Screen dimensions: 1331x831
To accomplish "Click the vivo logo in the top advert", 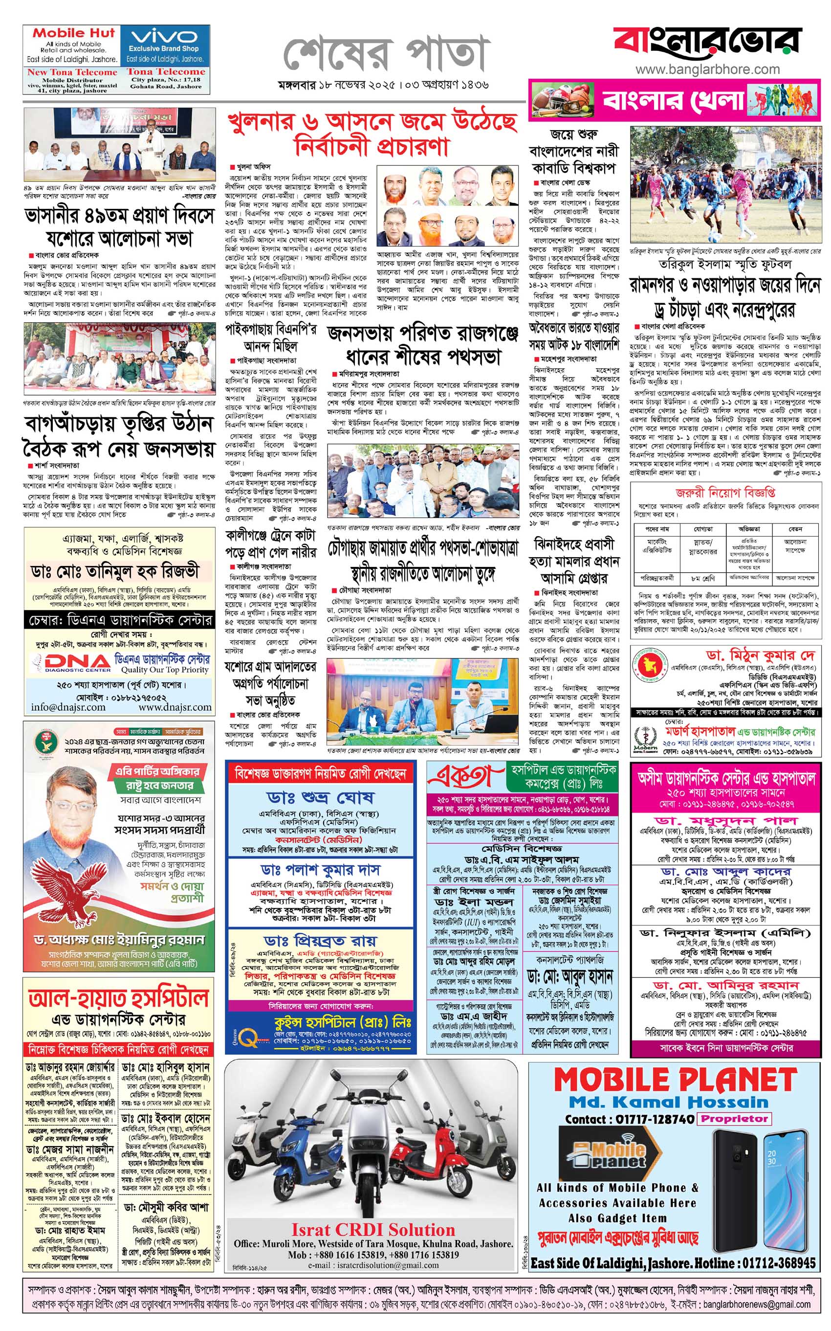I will point(164,37).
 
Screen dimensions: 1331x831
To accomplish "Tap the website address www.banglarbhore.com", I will point(707,69).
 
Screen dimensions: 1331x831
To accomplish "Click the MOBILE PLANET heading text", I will point(675,1079).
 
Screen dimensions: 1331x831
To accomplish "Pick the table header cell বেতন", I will point(795,529).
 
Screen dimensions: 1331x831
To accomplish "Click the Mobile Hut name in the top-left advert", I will point(74,32).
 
